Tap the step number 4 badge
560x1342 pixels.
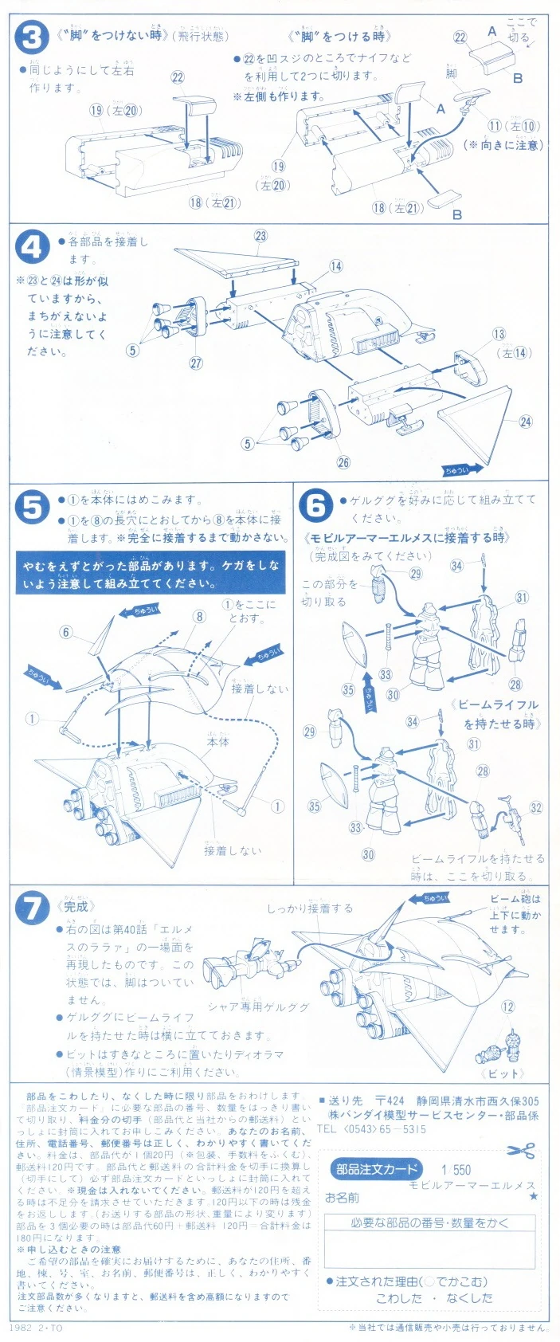coord(32,248)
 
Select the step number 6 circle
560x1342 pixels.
coord(315,505)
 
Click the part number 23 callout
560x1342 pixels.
coord(261,236)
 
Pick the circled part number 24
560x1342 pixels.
coord(526,422)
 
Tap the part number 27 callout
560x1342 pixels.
coord(196,363)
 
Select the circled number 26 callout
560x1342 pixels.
coord(343,462)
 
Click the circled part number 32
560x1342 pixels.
coord(535,807)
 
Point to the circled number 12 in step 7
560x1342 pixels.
coord(508,1006)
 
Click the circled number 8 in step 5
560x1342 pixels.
coord(199,616)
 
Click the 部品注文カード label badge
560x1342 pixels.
coord(376,1169)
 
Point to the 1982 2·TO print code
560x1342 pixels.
coord(36,1328)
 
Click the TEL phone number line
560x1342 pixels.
coord(371,1128)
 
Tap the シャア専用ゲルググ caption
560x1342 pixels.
coord(258,1006)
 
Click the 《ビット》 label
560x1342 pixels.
coord(503,1073)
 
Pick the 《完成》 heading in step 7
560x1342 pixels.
coord(78,906)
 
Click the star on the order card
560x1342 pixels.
coord(533,1196)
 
